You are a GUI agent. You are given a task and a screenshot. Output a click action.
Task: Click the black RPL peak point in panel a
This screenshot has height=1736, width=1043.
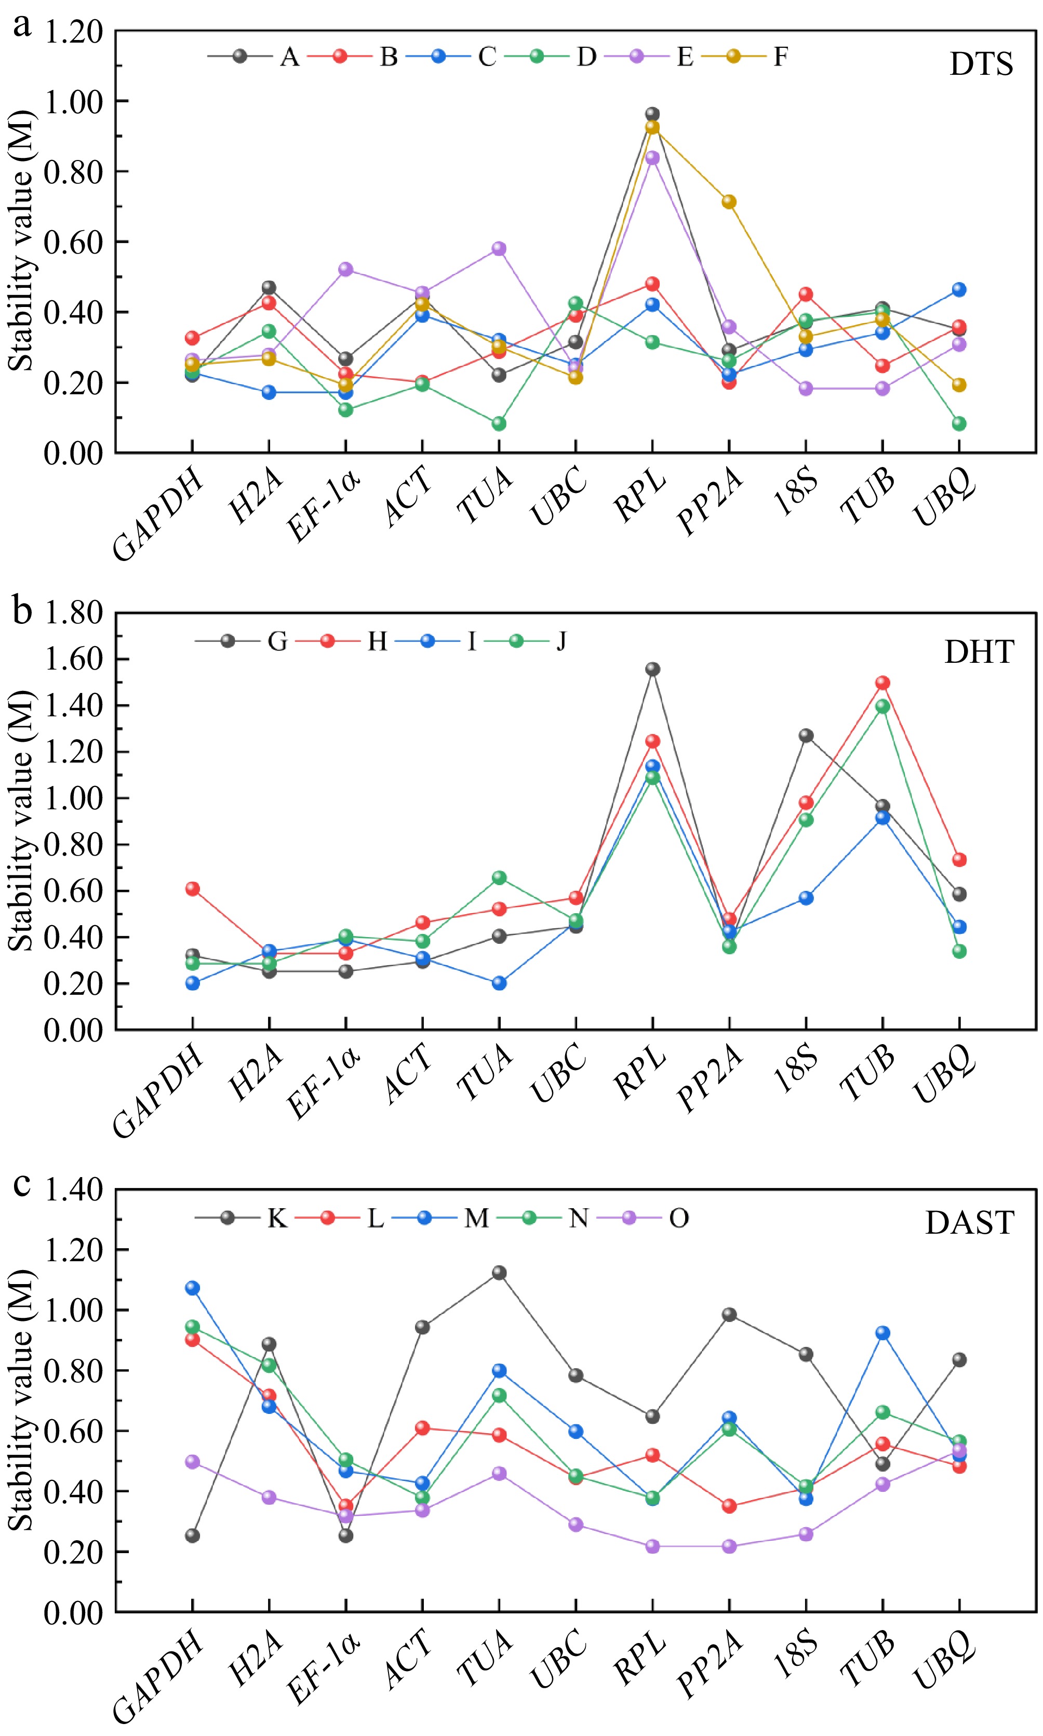tap(652, 114)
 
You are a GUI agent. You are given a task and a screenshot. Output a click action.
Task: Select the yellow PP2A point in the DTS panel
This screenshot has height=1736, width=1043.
tap(729, 202)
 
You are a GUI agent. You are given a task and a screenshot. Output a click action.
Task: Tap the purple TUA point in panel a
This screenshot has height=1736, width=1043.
tap(499, 248)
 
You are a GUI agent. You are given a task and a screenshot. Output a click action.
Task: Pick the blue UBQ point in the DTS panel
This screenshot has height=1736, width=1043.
tap(959, 289)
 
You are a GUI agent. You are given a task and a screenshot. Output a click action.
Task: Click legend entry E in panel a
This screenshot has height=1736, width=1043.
tap(685, 56)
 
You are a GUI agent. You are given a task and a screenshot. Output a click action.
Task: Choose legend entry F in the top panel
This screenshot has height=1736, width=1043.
tap(780, 56)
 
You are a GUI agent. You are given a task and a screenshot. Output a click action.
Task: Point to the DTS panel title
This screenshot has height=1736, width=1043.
tap(981, 64)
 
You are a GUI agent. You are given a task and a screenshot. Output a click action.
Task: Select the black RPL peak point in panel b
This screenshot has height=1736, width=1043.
tap(652, 669)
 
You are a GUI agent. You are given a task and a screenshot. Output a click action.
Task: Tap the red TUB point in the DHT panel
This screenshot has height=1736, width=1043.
tap(882, 683)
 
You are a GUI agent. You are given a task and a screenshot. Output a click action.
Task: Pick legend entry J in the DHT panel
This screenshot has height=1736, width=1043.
tap(561, 641)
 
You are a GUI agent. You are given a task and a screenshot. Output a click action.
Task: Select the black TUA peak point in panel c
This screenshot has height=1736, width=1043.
tap(499, 1272)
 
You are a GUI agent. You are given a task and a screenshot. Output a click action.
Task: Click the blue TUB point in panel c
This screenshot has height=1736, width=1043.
tap(882, 1332)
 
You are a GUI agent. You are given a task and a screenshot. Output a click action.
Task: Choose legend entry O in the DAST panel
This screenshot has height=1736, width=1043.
tap(678, 1218)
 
